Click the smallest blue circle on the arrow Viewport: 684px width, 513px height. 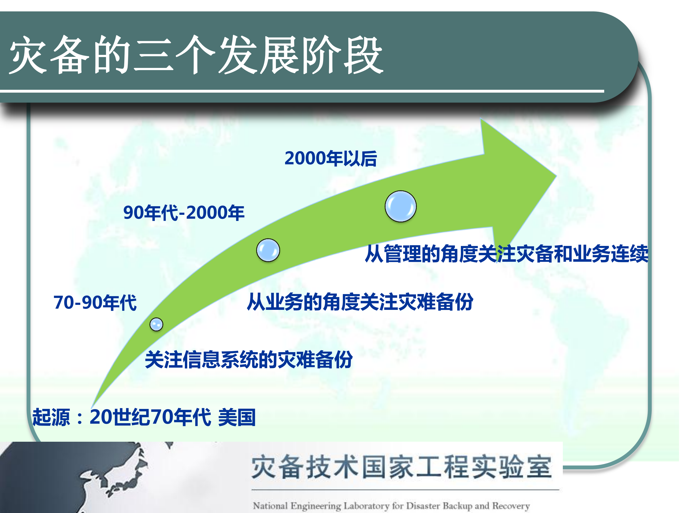click(x=156, y=324)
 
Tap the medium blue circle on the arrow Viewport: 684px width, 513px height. click(x=268, y=250)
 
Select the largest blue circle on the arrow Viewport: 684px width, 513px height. click(x=400, y=206)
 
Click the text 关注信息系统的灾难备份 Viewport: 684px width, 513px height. click(x=249, y=360)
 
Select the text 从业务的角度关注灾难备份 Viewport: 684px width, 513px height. click(x=360, y=302)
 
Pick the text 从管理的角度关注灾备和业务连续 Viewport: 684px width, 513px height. click(x=507, y=254)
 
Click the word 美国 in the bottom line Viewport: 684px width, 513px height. click(x=237, y=417)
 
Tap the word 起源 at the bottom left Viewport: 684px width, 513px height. click(x=51, y=417)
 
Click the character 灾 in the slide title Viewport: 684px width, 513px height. click(x=28, y=55)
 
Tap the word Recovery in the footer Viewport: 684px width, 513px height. click(x=511, y=506)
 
